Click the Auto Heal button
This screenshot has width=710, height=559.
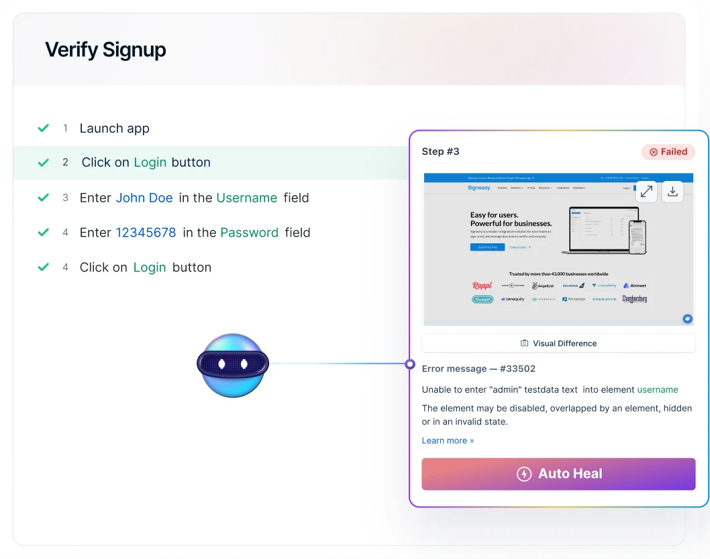tap(558, 474)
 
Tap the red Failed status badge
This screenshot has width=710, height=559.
tap(668, 152)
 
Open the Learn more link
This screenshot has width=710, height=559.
tap(448, 440)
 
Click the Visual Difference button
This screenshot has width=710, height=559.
tap(558, 343)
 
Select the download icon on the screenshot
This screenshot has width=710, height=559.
tap(672, 192)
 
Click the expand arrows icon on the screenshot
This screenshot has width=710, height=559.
tap(646, 192)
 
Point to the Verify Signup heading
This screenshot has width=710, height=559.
tap(105, 50)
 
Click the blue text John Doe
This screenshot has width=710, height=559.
tap(144, 198)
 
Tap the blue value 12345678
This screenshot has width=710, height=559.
tap(146, 233)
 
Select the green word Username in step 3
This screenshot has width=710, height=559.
tap(246, 198)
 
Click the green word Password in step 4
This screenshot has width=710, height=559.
tap(249, 233)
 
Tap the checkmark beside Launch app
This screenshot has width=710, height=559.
tap(44, 128)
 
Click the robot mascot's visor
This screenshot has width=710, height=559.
tap(232, 363)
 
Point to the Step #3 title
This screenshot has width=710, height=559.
tap(440, 151)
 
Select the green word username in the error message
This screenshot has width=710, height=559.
tap(658, 389)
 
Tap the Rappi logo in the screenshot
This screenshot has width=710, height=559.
tap(482, 286)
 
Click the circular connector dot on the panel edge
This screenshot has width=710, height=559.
tap(409, 364)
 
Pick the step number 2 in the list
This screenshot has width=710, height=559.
tap(66, 162)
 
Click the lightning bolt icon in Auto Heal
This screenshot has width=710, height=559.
tap(524, 474)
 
